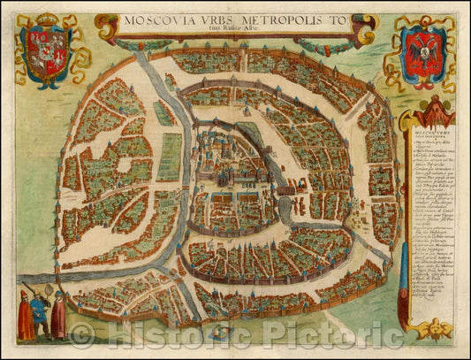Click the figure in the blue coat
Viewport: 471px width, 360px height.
coord(38,314)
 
